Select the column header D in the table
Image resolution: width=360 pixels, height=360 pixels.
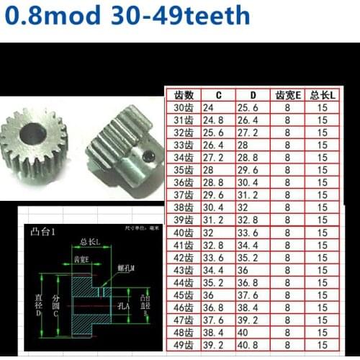(252, 94)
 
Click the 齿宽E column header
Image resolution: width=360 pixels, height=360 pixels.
(287, 94)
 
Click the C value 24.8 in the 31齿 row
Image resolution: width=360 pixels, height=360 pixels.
(213, 120)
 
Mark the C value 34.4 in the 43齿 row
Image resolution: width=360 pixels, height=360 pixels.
(213, 269)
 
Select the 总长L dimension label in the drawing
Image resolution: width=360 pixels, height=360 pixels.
(89, 242)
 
